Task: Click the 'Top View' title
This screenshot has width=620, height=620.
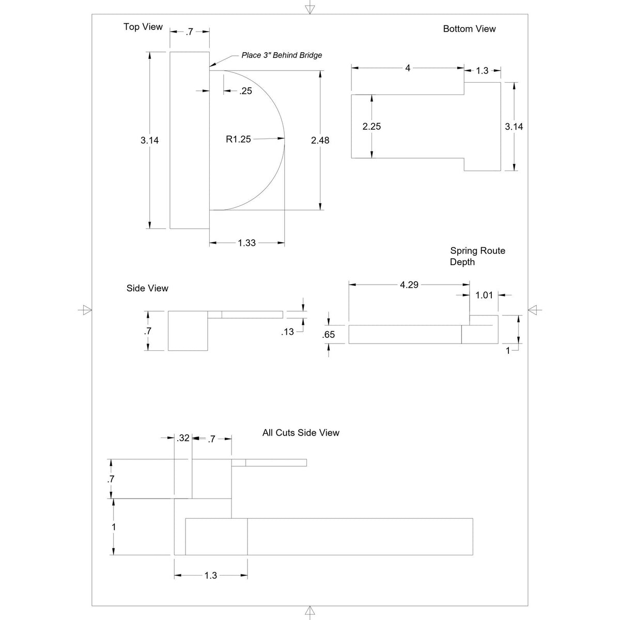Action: [143, 27]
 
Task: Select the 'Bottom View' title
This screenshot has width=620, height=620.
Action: [469, 29]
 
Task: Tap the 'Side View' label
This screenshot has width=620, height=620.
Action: [147, 288]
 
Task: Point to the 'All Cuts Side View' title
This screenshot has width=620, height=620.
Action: [301, 432]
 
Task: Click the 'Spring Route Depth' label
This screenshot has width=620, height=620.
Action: [477, 256]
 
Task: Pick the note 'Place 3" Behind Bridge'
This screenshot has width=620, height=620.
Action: [282, 55]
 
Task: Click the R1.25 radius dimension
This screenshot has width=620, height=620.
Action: [238, 139]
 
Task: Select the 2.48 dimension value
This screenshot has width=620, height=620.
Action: [320, 141]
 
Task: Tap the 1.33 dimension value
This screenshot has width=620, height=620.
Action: [247, 243]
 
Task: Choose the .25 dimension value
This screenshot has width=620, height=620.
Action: [245, 91]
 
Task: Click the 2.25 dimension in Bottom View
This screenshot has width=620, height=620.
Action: [371, 127]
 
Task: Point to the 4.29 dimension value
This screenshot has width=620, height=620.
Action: [409, 285]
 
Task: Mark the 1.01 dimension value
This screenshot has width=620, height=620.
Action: [484, 295]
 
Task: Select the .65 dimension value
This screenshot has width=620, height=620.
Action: [329, 335]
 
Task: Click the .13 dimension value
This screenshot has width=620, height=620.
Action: [287, 332]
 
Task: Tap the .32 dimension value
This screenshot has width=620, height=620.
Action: [183, 438]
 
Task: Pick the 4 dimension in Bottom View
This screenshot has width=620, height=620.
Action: [408, 68]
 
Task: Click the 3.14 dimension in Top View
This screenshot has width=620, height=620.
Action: [150, 141]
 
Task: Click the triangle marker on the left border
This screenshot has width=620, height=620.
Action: [86, 310]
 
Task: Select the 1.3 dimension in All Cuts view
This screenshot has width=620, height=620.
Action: [211, 575]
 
